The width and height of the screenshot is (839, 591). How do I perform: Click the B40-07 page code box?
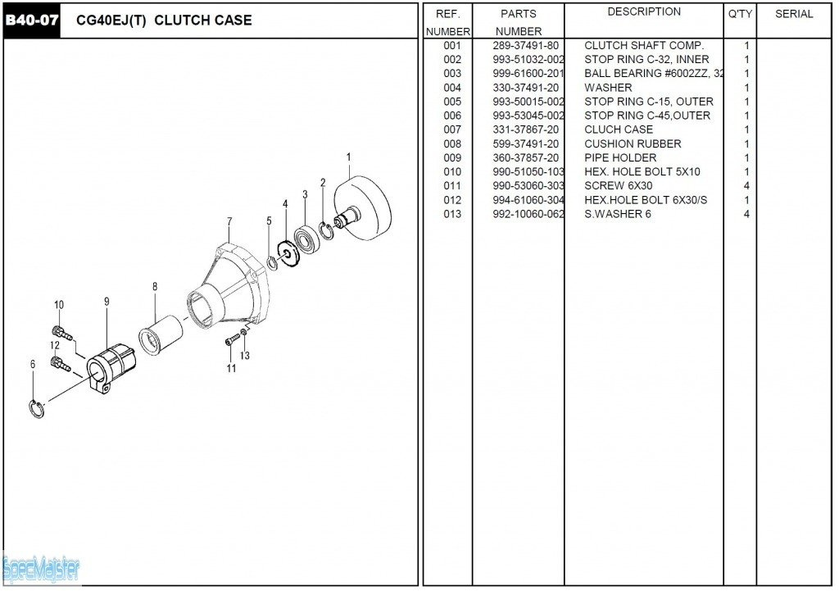click(32, 20)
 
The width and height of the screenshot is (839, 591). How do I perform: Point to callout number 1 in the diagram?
click(349, 157)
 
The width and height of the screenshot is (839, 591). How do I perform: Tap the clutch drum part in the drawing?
click(362, 207)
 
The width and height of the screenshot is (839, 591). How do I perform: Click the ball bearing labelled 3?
click(307, 239)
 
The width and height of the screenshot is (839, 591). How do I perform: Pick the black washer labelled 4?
click(289, 252)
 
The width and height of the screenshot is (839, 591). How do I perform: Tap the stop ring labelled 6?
click(36, 408)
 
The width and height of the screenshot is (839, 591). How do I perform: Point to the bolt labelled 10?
click(61, 333)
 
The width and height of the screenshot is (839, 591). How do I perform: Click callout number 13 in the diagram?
click(244, 356)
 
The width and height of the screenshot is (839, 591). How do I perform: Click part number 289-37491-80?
click(525, 46)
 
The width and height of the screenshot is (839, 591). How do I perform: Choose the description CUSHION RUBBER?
click(633, 143)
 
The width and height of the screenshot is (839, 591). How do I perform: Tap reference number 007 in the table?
click(452, 130)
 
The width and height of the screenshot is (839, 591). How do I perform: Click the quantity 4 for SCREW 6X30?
click(746, 186)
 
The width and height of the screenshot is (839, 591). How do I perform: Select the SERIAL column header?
click(794, 15)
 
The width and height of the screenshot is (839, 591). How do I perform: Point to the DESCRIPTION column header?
click(644, 11)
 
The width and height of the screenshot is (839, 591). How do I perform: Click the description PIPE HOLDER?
click(620, 158)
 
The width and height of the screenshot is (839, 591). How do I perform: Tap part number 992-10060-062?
click(528, 214)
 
